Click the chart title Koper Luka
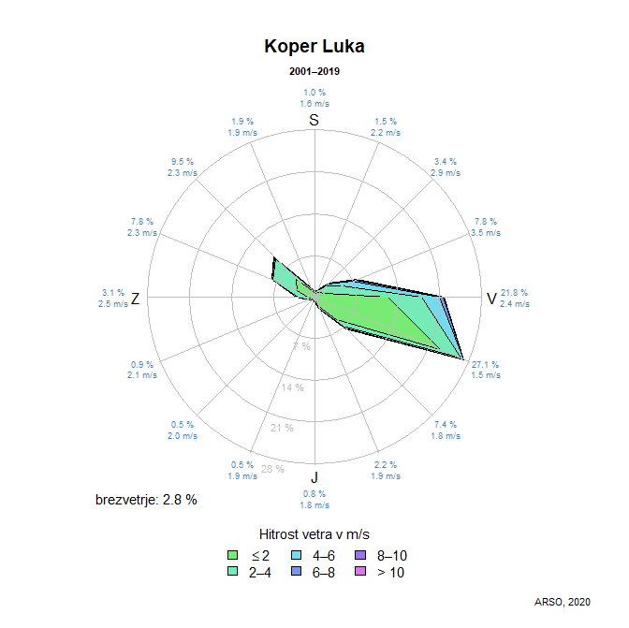[314, 46]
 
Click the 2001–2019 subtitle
[314, 72]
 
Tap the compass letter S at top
[314, 120]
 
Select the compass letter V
[490, 299]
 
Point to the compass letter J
[314, 482]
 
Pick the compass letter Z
[136, 299]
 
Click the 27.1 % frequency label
[486, 364]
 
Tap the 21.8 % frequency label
[514, 292]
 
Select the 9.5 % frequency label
[183, 161]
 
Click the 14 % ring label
[293, 387]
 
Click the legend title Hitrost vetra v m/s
[314, 533]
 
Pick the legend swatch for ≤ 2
[233, 555]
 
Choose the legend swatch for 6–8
[296, 572]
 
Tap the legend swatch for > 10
[359, 572]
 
